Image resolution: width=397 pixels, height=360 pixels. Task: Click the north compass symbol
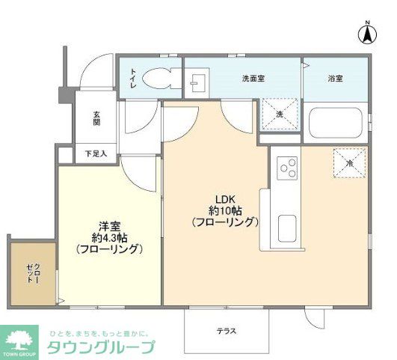367,33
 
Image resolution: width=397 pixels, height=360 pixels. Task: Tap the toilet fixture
158,77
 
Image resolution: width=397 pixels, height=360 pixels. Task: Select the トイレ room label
133,77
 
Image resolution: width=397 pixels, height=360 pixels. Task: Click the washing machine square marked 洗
278,114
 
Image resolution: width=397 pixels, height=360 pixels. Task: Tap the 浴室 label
334,77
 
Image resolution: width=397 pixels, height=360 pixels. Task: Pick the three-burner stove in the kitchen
287,169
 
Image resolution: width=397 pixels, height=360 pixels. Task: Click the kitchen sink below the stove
287,227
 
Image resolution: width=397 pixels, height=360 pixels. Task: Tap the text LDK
226,199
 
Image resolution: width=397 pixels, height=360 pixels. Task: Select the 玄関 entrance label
97,119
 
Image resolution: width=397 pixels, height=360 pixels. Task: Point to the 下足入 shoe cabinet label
95,154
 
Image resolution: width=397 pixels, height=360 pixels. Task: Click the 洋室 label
109,225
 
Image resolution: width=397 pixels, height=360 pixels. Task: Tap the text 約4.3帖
109,237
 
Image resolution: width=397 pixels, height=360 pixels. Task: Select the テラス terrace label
227,331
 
